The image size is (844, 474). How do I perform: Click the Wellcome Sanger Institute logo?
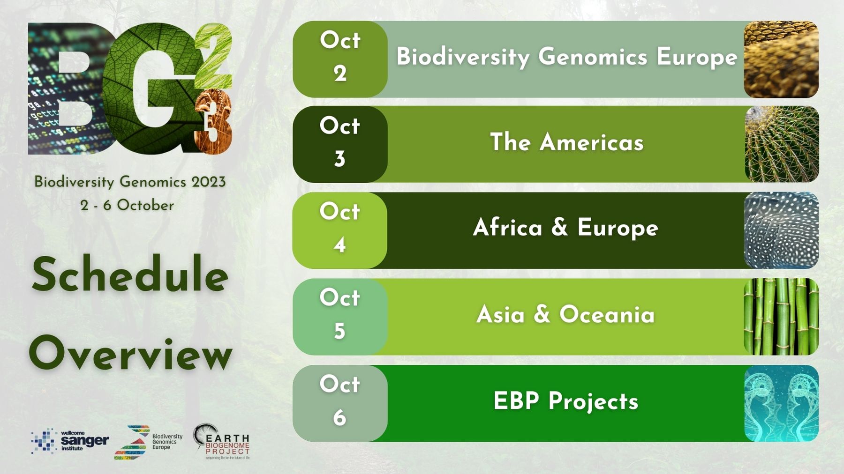click(70, 440)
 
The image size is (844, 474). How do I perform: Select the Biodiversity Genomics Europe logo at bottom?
click(148, 442)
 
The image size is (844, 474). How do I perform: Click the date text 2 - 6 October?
click(127, 205)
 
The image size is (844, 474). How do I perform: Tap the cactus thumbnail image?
click(781, 144)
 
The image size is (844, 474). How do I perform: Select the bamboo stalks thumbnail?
click(781, 317)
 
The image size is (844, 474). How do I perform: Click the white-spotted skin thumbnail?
click(781, 230)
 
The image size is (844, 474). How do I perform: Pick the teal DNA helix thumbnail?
click(781, 403)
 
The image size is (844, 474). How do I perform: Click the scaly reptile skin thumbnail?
click(781, 59)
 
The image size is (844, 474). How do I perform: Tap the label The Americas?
click(566, 142)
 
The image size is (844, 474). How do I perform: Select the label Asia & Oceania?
click(565, 314)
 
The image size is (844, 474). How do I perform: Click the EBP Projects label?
click(565, 401)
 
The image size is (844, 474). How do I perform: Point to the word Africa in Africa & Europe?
click(507, 228)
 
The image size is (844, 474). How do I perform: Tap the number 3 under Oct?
click(339, 159)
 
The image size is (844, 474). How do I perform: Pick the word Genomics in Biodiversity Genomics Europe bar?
click(593, 57)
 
